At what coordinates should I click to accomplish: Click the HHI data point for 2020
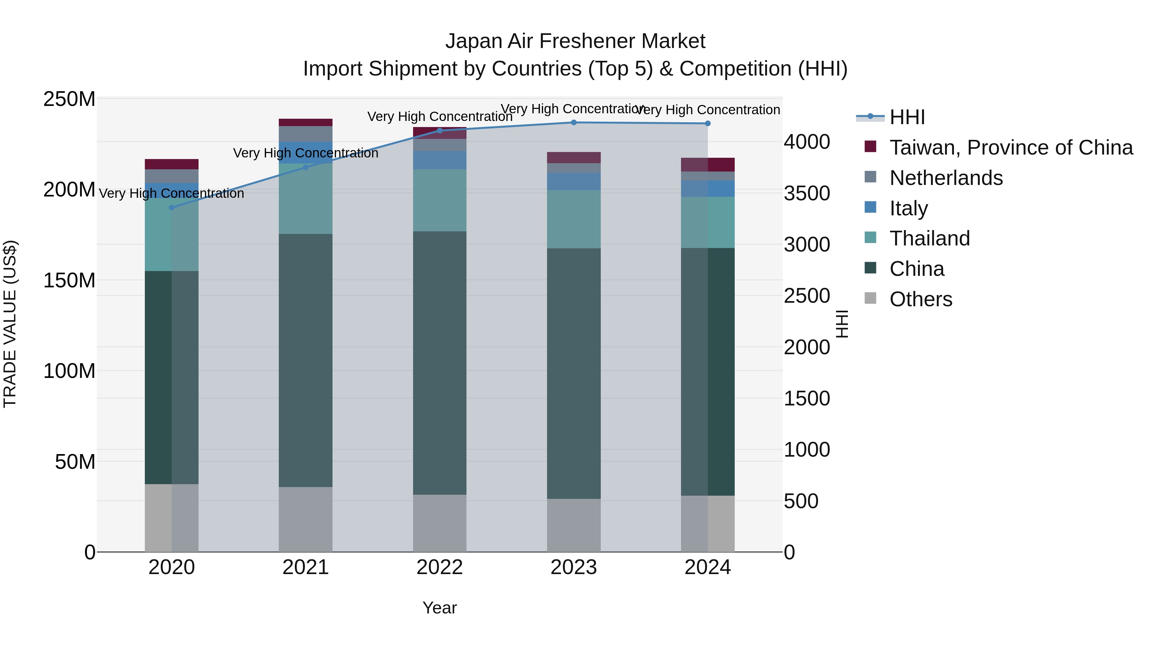pos(172,207)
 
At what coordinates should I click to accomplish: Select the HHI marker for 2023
pos(574,123)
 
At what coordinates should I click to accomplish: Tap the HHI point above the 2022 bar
pos(440,131)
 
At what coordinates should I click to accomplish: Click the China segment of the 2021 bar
pos(306,360)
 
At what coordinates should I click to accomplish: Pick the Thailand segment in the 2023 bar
pos(574,219)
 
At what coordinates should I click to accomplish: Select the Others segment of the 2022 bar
pos(440,523)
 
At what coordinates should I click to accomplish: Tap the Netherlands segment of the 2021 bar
pos(306,134)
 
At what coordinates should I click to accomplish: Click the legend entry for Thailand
pos(929,238)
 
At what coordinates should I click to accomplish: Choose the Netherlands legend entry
pos(946,178)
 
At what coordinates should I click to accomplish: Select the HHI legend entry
pos(907,117)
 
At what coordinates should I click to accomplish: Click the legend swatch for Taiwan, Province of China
pos(870,147)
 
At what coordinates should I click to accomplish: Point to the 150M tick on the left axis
pos(69,280)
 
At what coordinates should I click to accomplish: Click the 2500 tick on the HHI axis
pos(807,296)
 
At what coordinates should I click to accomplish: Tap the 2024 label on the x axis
pos(708,567)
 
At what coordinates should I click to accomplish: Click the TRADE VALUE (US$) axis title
pos(10,324)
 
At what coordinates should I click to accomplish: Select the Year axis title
pos(440,608)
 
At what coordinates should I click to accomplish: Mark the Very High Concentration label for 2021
pos(306,153)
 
